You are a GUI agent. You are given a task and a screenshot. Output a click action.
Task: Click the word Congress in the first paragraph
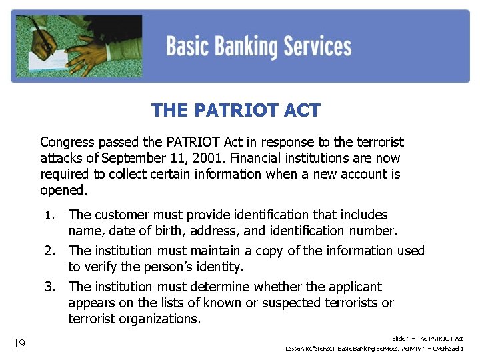click(66, 142)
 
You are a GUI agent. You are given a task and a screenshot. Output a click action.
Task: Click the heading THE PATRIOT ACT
click(235, 110)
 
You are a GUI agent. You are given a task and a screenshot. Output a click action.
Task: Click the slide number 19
click(19, 343)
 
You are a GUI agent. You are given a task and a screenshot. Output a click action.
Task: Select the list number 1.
click(48, 215)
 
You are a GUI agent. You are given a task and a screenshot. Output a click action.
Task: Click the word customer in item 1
click(117, 215)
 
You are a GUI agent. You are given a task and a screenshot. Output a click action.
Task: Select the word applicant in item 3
click(353, 287)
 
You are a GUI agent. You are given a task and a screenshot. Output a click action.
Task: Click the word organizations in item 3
click(157, 319)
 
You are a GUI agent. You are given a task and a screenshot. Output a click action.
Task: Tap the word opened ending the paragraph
click(63, 190)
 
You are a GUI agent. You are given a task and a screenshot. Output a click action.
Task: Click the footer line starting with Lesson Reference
click(374, 349)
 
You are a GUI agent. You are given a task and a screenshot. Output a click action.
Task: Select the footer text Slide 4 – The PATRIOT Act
click(427, 339)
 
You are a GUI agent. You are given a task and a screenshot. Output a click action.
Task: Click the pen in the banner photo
click(45, 37)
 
